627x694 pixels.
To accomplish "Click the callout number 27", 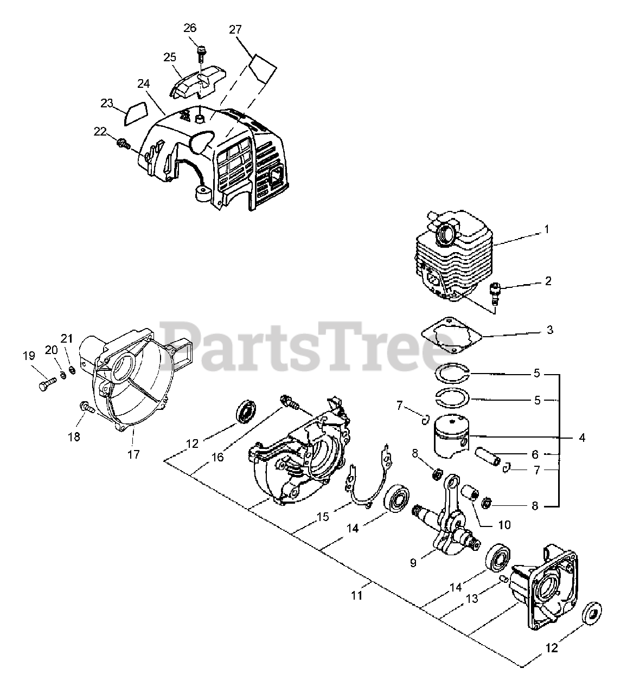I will (235, 29).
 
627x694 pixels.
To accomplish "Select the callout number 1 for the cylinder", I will (547, 229).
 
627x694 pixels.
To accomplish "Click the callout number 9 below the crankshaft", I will (413, 563).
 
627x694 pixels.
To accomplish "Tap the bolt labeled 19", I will (44, 387).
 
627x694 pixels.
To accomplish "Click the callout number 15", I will (323, 517).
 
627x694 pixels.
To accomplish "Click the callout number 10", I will (504, 525).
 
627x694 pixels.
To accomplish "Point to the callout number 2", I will (548, 281).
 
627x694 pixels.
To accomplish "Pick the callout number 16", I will (217, 457).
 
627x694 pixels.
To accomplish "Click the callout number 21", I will (66, 339).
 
